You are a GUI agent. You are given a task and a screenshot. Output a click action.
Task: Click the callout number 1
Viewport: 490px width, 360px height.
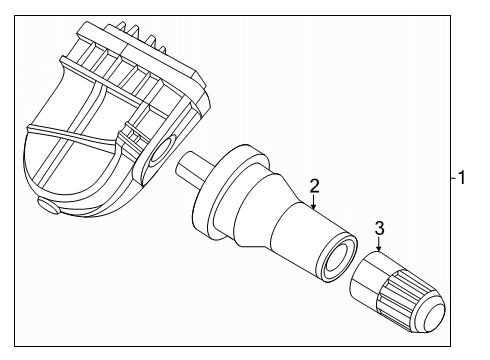pos(462,177)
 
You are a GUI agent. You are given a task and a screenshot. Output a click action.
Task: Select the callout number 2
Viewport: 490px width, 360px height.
pos(314,186)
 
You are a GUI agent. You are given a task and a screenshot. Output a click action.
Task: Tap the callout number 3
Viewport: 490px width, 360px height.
pos(379,228)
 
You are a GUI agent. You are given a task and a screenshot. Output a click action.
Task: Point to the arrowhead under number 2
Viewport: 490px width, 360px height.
pos(313,206)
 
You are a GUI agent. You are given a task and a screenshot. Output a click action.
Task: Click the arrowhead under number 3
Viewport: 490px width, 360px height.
pos(378,248)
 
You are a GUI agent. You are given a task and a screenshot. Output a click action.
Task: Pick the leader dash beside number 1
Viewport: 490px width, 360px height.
pos(453,178)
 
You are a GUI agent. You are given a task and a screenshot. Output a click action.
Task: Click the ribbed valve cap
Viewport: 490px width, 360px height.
pos(397,292)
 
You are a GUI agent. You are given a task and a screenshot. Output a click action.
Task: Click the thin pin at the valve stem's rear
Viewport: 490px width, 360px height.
pos(191,168)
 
